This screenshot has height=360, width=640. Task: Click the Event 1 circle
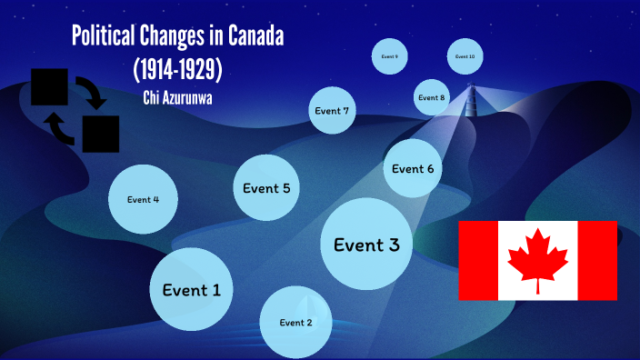191,289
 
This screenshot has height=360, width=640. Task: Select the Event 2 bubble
295,322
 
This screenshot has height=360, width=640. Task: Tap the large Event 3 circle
366,244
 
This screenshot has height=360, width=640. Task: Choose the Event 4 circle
143,199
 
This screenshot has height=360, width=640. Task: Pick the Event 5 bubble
266,188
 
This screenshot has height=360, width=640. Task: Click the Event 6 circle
413,168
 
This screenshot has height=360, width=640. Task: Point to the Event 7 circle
332,111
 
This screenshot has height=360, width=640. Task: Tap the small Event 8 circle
432,97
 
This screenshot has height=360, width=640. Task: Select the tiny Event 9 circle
390,56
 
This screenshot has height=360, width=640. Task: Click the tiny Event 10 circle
465,56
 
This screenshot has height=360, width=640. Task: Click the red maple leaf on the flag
537,258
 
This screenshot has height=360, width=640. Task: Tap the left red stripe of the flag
477,260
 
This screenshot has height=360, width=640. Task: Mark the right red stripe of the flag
597,260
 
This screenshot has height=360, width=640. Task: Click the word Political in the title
104,39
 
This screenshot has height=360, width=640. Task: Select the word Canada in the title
263,39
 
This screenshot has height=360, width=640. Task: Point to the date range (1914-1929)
178,68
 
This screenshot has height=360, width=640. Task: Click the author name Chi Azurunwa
178,97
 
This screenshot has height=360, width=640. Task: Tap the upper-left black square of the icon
50,86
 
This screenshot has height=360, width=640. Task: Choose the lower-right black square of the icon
101,134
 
